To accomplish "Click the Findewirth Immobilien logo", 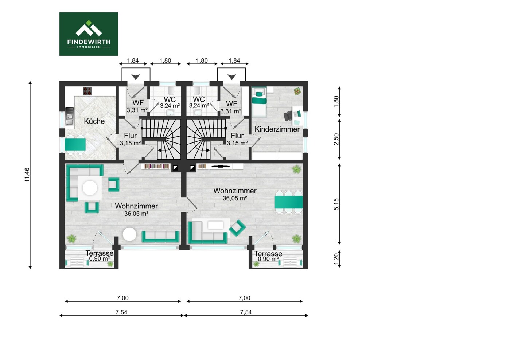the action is tap(89, 34).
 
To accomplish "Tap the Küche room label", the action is tap(94, 121).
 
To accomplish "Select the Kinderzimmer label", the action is tap(277, 129).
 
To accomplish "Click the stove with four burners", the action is tap(87, 91).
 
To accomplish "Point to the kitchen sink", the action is tap(69, 116).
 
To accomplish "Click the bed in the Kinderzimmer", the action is tap(259, 102).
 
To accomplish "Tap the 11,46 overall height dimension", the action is tap(27, 175).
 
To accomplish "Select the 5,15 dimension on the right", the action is tap(336, 204).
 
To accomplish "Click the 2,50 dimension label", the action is tap(336, 139).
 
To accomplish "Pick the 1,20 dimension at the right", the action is tap(336, 259).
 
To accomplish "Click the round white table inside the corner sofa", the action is tap(90, 188).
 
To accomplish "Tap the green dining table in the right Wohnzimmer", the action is tap(288, 202).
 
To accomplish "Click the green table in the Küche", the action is tap(75, 145).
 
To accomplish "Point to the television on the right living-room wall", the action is tap(220, 167).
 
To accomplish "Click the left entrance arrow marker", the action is tap(136, 77).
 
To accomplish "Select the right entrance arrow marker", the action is tap(231, 77).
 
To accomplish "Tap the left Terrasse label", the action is tap(100, 253).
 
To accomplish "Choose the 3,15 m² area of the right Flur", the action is tap(237, 143).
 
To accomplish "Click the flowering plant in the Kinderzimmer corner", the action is tap(297, 91).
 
